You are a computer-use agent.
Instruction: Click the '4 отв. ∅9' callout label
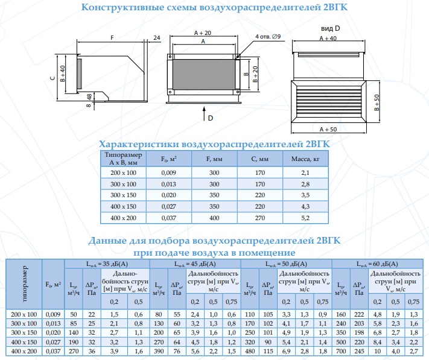(268, 37)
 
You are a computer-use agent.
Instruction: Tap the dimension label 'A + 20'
(203, 33)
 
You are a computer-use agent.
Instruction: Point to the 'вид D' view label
(330, 28)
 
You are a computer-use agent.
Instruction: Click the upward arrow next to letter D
(204, 113)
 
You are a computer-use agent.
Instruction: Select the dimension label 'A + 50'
(328, 129)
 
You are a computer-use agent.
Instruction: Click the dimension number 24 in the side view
(157, 38)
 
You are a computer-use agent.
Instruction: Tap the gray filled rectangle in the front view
(204, 74)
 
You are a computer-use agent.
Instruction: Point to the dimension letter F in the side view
(112, 38)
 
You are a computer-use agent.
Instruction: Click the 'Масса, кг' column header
(305, 159)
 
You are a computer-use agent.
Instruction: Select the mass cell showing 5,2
(305, 218)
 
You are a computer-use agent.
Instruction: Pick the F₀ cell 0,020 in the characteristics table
(168, 195)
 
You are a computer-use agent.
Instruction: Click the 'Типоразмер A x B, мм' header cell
(124, 159)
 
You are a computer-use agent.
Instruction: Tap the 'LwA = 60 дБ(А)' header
(377, 264)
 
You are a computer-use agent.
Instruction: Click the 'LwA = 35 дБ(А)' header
(107, 264)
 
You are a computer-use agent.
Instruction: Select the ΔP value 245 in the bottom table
(359, 351)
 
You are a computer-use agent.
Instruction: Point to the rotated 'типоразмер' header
(24, 284)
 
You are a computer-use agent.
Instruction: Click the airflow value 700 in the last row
(341, 351)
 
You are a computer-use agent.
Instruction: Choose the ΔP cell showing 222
(359, 314)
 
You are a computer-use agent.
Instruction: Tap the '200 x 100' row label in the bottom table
(24, 314)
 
